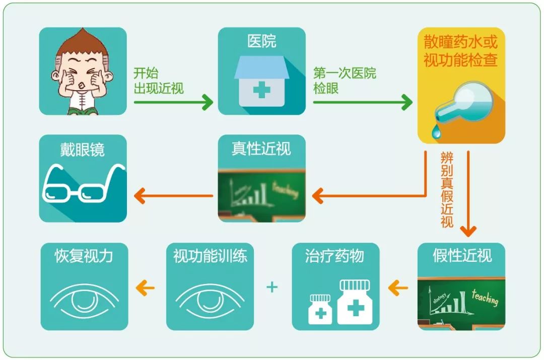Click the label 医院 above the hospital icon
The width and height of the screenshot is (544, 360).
pyautogui.click(x=262, y=42)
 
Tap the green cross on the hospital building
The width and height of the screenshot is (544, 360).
pyautogui.click(x=261, y=91)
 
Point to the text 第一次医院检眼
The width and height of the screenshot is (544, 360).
pyautogui.click(x=345, y=81)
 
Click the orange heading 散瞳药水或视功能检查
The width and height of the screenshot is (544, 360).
pyautogui.click(x=460, y=51)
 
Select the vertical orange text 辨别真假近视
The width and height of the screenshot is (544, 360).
pyautogui.click(x=447, y=188)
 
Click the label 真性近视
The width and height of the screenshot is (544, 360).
pyautogui.click(x=261, y=149)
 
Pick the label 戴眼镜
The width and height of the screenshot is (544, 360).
pyautogui.click(x=83, y=150)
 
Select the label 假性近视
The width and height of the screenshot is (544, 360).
pyautogui.click(x=461, y=256)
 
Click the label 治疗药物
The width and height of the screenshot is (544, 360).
pyautogui.click(x=334, y=256)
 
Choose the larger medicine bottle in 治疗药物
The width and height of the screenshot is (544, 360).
pyautogui.click(x=355, y=302)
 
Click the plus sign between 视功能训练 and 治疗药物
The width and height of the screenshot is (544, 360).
pyautogui.click(x=272, y=287)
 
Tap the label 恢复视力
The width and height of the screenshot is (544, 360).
pyautogui.click(x=84, y=256)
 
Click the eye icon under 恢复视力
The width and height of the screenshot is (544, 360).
pyautogui.click(x=84, y=301)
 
